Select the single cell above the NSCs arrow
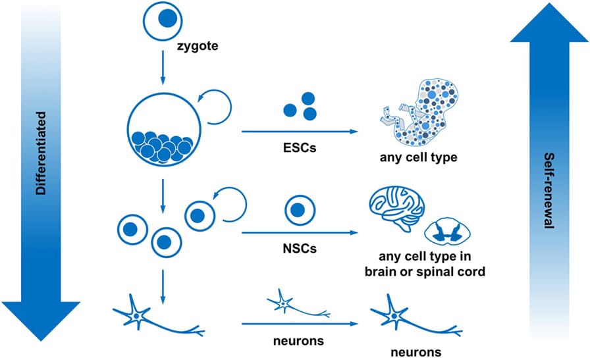pyautogui.click(x=298, y=211)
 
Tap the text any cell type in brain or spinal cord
pyautogui.click(x=428, y=264)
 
